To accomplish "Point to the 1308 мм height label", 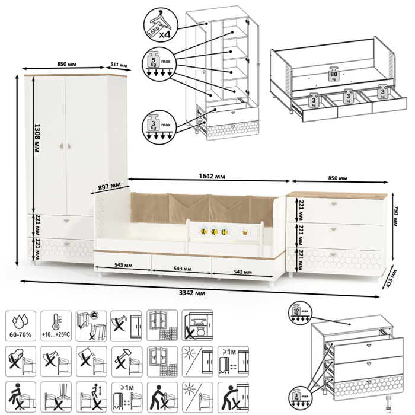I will (37, 139).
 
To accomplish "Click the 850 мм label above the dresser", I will (337, 178).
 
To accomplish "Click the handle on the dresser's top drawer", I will (336, 205).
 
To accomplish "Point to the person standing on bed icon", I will (20, 395).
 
